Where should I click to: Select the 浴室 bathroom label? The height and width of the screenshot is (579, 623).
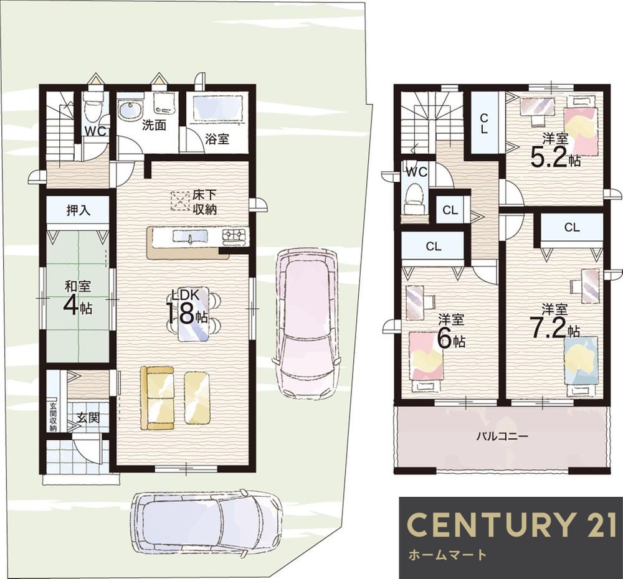[x=217, y=139]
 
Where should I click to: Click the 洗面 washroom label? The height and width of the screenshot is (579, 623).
[x=154, y=125]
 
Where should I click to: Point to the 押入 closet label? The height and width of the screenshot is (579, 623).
[x=78, y=210]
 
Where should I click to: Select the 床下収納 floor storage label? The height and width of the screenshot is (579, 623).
[x=204, y=202]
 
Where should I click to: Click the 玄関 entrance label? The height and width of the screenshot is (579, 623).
[x=88, y=417]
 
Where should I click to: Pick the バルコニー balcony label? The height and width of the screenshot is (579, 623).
[x=503, y=436]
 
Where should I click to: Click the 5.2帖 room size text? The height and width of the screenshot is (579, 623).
[x=556, y=159]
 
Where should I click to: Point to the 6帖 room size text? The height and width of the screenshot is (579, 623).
[x=451, y=338]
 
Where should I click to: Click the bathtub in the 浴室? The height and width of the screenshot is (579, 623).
[x=217, y=107]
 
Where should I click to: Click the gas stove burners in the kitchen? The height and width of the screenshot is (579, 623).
[x=235, y=235]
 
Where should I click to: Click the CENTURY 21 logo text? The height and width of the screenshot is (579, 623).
[x=511, y=525]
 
